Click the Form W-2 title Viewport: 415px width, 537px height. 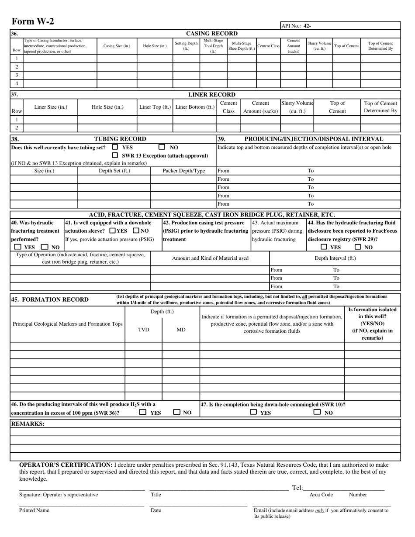tap(33, 21)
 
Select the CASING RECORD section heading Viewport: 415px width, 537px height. tap(212, 34)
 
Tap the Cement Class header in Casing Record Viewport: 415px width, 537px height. tap(268, 46)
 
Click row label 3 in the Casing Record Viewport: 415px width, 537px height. tap(17, 75)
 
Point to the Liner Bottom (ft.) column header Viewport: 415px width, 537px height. tap(195, 107)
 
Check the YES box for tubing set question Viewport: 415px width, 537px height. tap(115, 147)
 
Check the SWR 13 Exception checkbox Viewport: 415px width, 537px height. tap(115, 155)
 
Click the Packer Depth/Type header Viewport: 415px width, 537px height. tap(183, 171)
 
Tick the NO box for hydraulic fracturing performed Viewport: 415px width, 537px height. tap(45, 247)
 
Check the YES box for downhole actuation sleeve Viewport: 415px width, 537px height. tap(113, 231)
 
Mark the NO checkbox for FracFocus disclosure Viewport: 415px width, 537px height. tap(358, 247)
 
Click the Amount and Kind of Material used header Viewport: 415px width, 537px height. tap(210, 258)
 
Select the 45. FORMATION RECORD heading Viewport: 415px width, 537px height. tap(49, 299)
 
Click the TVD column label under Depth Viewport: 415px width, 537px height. tap(144, 330)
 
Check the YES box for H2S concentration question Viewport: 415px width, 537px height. tap(143, 412)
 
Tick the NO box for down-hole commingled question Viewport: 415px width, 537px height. tap(318, 412)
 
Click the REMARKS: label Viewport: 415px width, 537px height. tap(27, 423)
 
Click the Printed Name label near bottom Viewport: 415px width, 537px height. tap(34, 510)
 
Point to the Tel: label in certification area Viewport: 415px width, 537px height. tap(297, 488)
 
